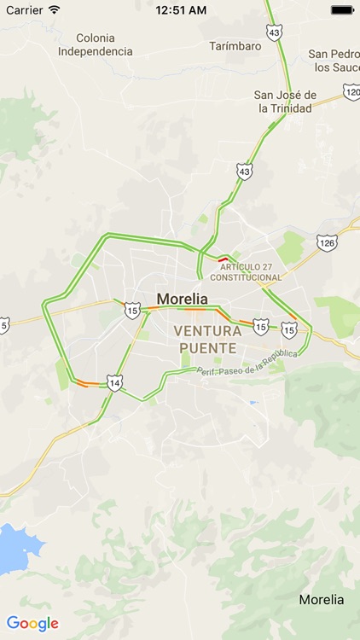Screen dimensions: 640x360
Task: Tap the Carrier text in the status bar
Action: coord(24,10)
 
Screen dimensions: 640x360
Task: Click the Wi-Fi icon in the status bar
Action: coord(55,10)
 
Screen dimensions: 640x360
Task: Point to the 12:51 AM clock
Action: coord(180,10)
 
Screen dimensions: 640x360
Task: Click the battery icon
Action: coord(341,10)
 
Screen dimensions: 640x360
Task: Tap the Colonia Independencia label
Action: coord(96,44)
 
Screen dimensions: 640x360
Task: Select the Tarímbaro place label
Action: coord(235,46)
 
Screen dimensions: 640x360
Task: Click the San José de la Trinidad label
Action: coord(286,102)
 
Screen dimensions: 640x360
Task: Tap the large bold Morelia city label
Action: coord(182,300)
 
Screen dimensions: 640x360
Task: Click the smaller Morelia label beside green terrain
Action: coord(322,599)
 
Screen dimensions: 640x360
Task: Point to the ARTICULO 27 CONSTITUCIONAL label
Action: coord(246,272)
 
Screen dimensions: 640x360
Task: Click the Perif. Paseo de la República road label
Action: coord(247,362)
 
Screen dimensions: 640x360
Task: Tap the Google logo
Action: coord(32,624)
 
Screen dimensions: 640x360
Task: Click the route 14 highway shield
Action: coord(114,381)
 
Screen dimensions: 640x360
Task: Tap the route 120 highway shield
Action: coord(351,91)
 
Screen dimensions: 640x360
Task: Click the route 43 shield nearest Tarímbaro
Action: coord(273,32)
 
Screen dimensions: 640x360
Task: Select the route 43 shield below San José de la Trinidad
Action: coord(245,172)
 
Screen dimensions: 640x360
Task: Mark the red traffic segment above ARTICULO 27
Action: coord(223,259)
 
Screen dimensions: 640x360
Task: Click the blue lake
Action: coord(15,548)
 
